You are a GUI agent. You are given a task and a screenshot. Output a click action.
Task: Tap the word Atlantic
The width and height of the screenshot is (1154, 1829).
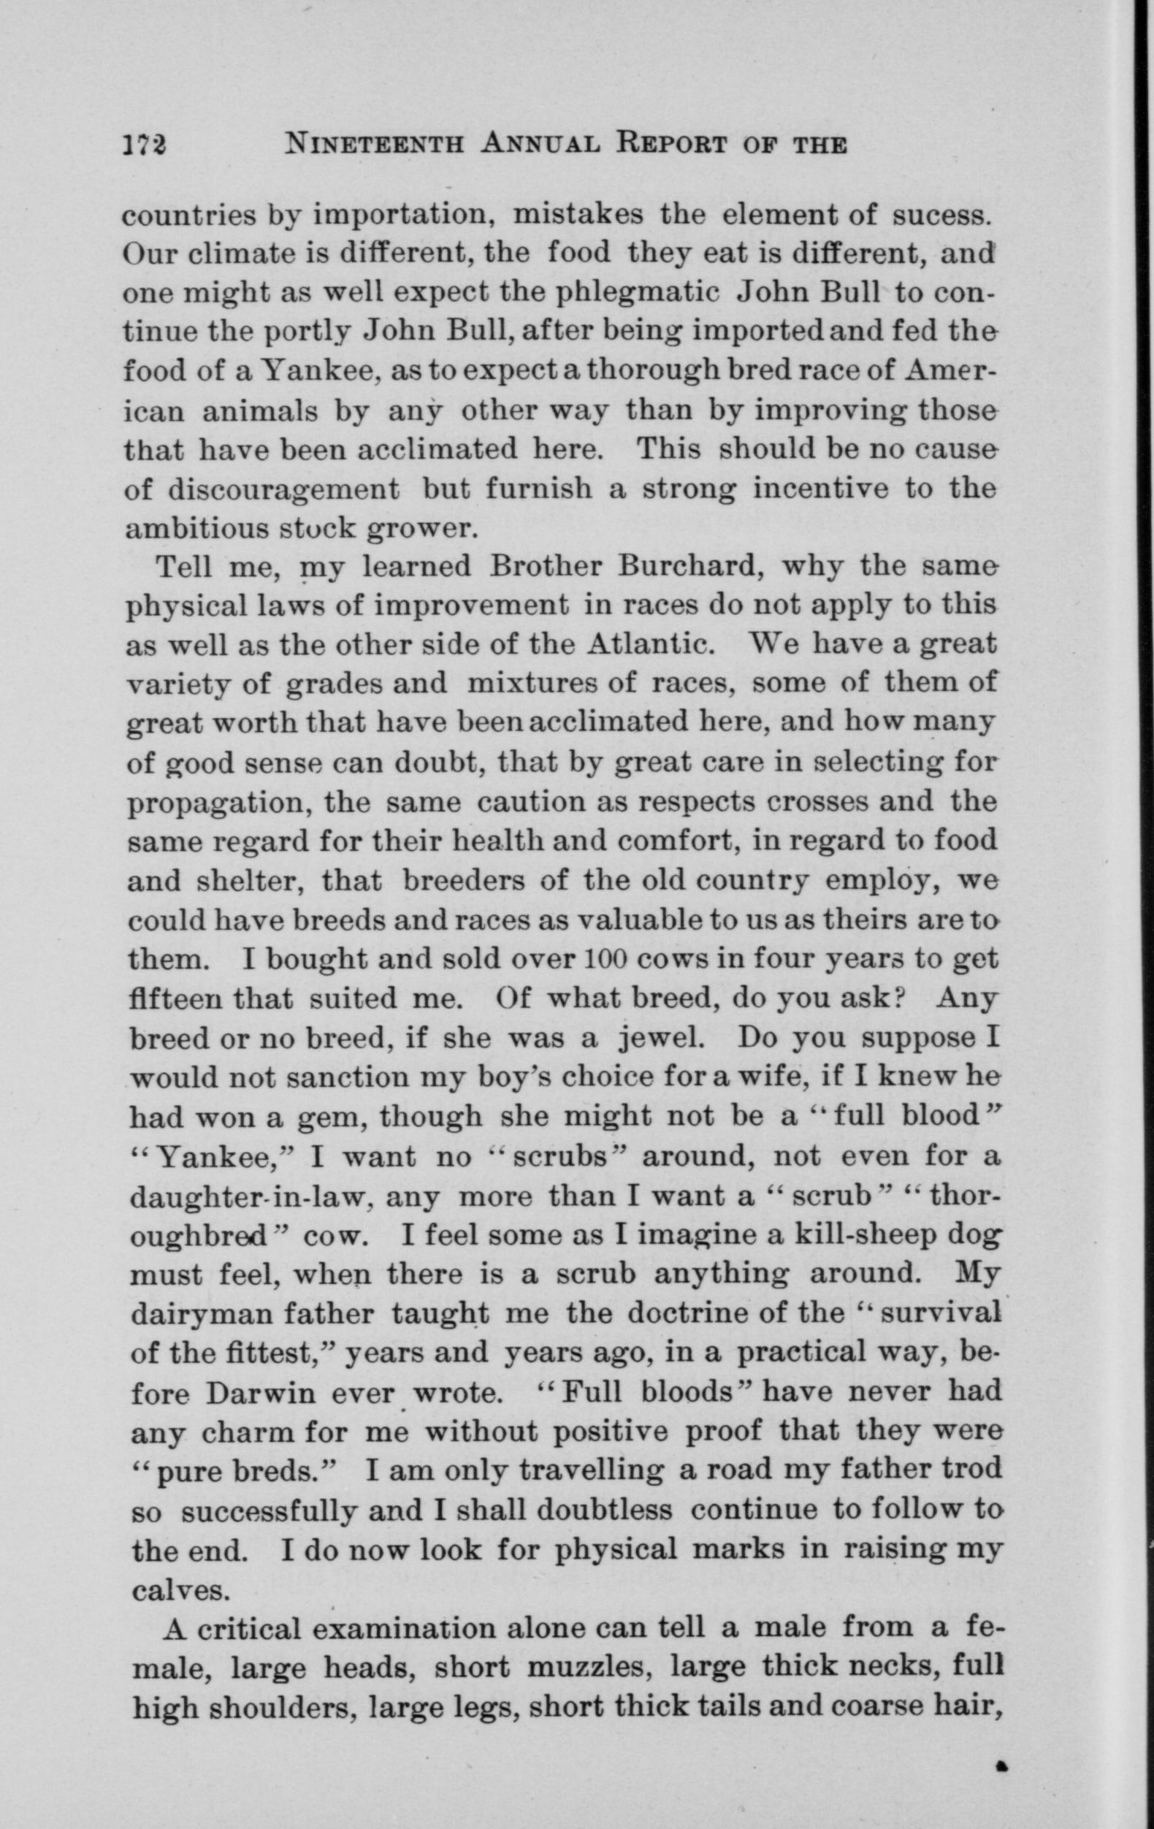pos(650,645)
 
